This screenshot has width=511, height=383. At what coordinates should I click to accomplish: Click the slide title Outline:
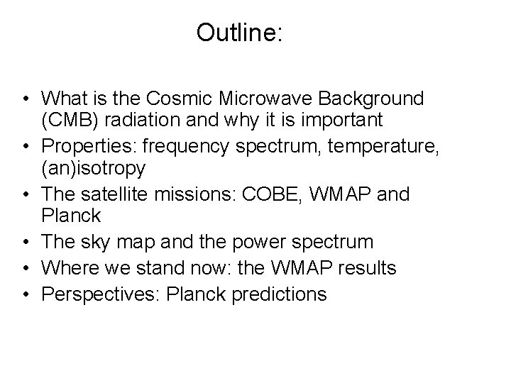point(239,33)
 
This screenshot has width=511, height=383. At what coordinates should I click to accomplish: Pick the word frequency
point(183,148)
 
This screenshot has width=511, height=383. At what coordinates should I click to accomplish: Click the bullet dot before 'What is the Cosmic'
point(26,99)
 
